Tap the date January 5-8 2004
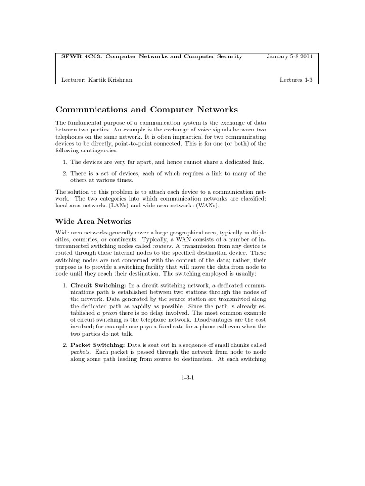pyautogui.click(x=289, y=56)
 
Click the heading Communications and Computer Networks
pyautogui.click(x=146, y=110)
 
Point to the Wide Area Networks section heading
pyautogui.click(x=93, y=221)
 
